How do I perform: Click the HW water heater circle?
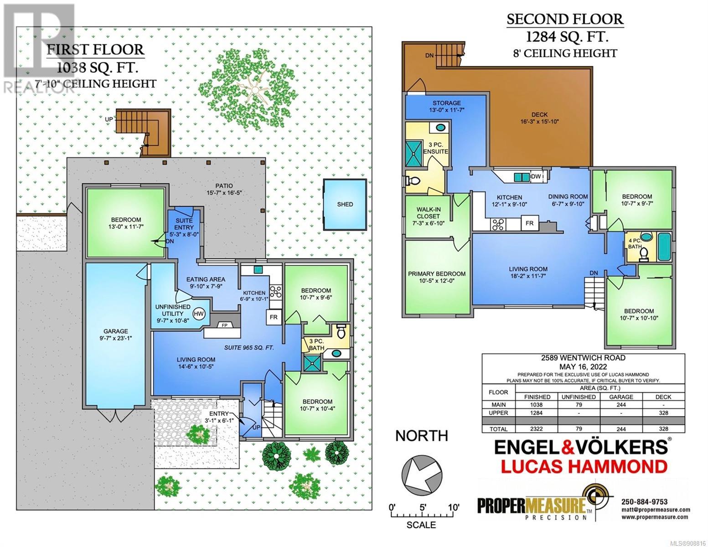click(x=198, y=314)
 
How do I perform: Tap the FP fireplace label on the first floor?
click(x=225, y=325)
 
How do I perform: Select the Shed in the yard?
click(x=345, y=204)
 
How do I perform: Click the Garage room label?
click(x=116, y=335)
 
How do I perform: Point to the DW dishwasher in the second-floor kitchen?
click(x=537, y=176)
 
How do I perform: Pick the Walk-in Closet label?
click(x=428, y=217)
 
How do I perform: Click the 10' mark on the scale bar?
click(x=453, y=507)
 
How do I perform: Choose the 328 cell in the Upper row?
click(x=663, y=413)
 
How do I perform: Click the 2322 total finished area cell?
click(x=536, y=429)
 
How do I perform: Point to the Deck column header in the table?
click(x=663, y=397)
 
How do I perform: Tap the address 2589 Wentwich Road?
click(x=583, y=357)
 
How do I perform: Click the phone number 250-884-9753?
click(x=645, y=502)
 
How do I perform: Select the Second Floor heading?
click(x=565, y=19)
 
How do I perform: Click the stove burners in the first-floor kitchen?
click(x=276, y=292)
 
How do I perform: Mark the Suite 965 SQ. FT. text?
click(x=249, y=348)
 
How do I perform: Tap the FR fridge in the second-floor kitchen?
click(x=529, y=223)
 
